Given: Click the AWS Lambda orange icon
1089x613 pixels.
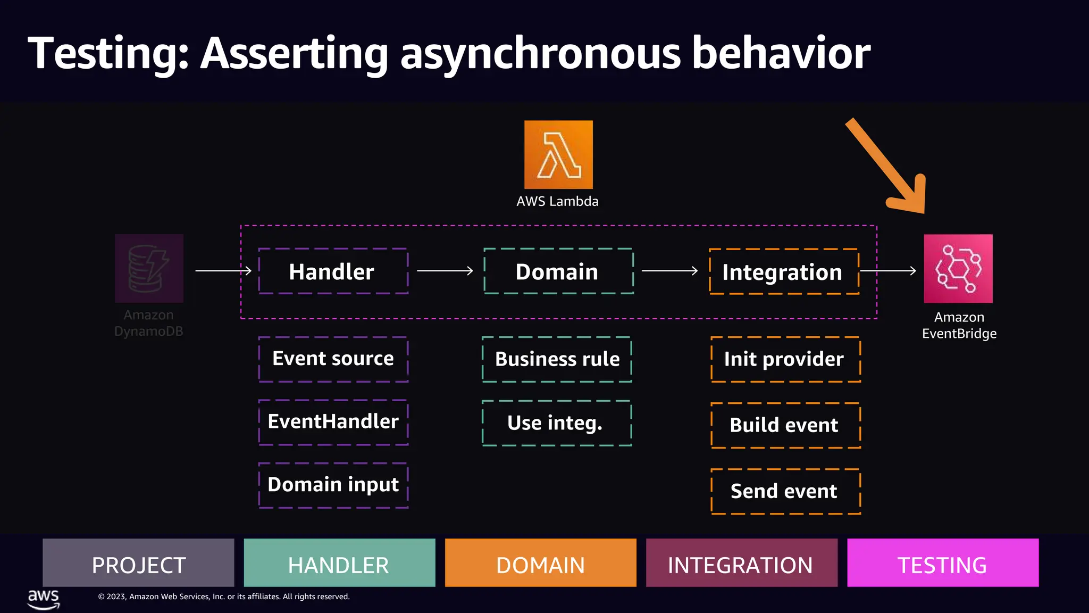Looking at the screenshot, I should (x=558, y=154).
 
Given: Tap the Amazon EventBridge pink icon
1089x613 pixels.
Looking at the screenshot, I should (x=958, y=269).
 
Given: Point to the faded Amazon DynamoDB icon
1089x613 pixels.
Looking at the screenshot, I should (x=149, y=269).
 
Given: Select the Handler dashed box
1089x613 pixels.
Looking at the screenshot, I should (x=333, y=271).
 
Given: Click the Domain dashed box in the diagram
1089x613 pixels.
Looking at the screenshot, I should (x=558, y=271).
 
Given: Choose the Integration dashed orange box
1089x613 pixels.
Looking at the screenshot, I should (x=784, y=271).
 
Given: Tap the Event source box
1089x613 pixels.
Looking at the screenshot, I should (x=333, y=359).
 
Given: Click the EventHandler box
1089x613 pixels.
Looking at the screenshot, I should (x=333, y=422).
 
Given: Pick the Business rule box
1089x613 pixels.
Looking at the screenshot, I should (x=557, y=359).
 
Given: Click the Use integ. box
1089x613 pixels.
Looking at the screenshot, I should (x=557, y=423).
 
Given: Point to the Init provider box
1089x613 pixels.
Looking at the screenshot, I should (x=785, y=359).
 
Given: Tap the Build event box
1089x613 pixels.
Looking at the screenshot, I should (x=785, y=425).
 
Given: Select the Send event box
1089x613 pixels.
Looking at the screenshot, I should (x=785, y=491).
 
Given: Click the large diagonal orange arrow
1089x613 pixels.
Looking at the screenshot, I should (x=885, y=165).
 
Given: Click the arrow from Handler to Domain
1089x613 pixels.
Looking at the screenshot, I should (x=445, y=271).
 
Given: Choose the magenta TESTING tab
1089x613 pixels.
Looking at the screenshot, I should (x=942, y=563).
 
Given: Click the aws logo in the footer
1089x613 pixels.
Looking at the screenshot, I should (x=44, y=599).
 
